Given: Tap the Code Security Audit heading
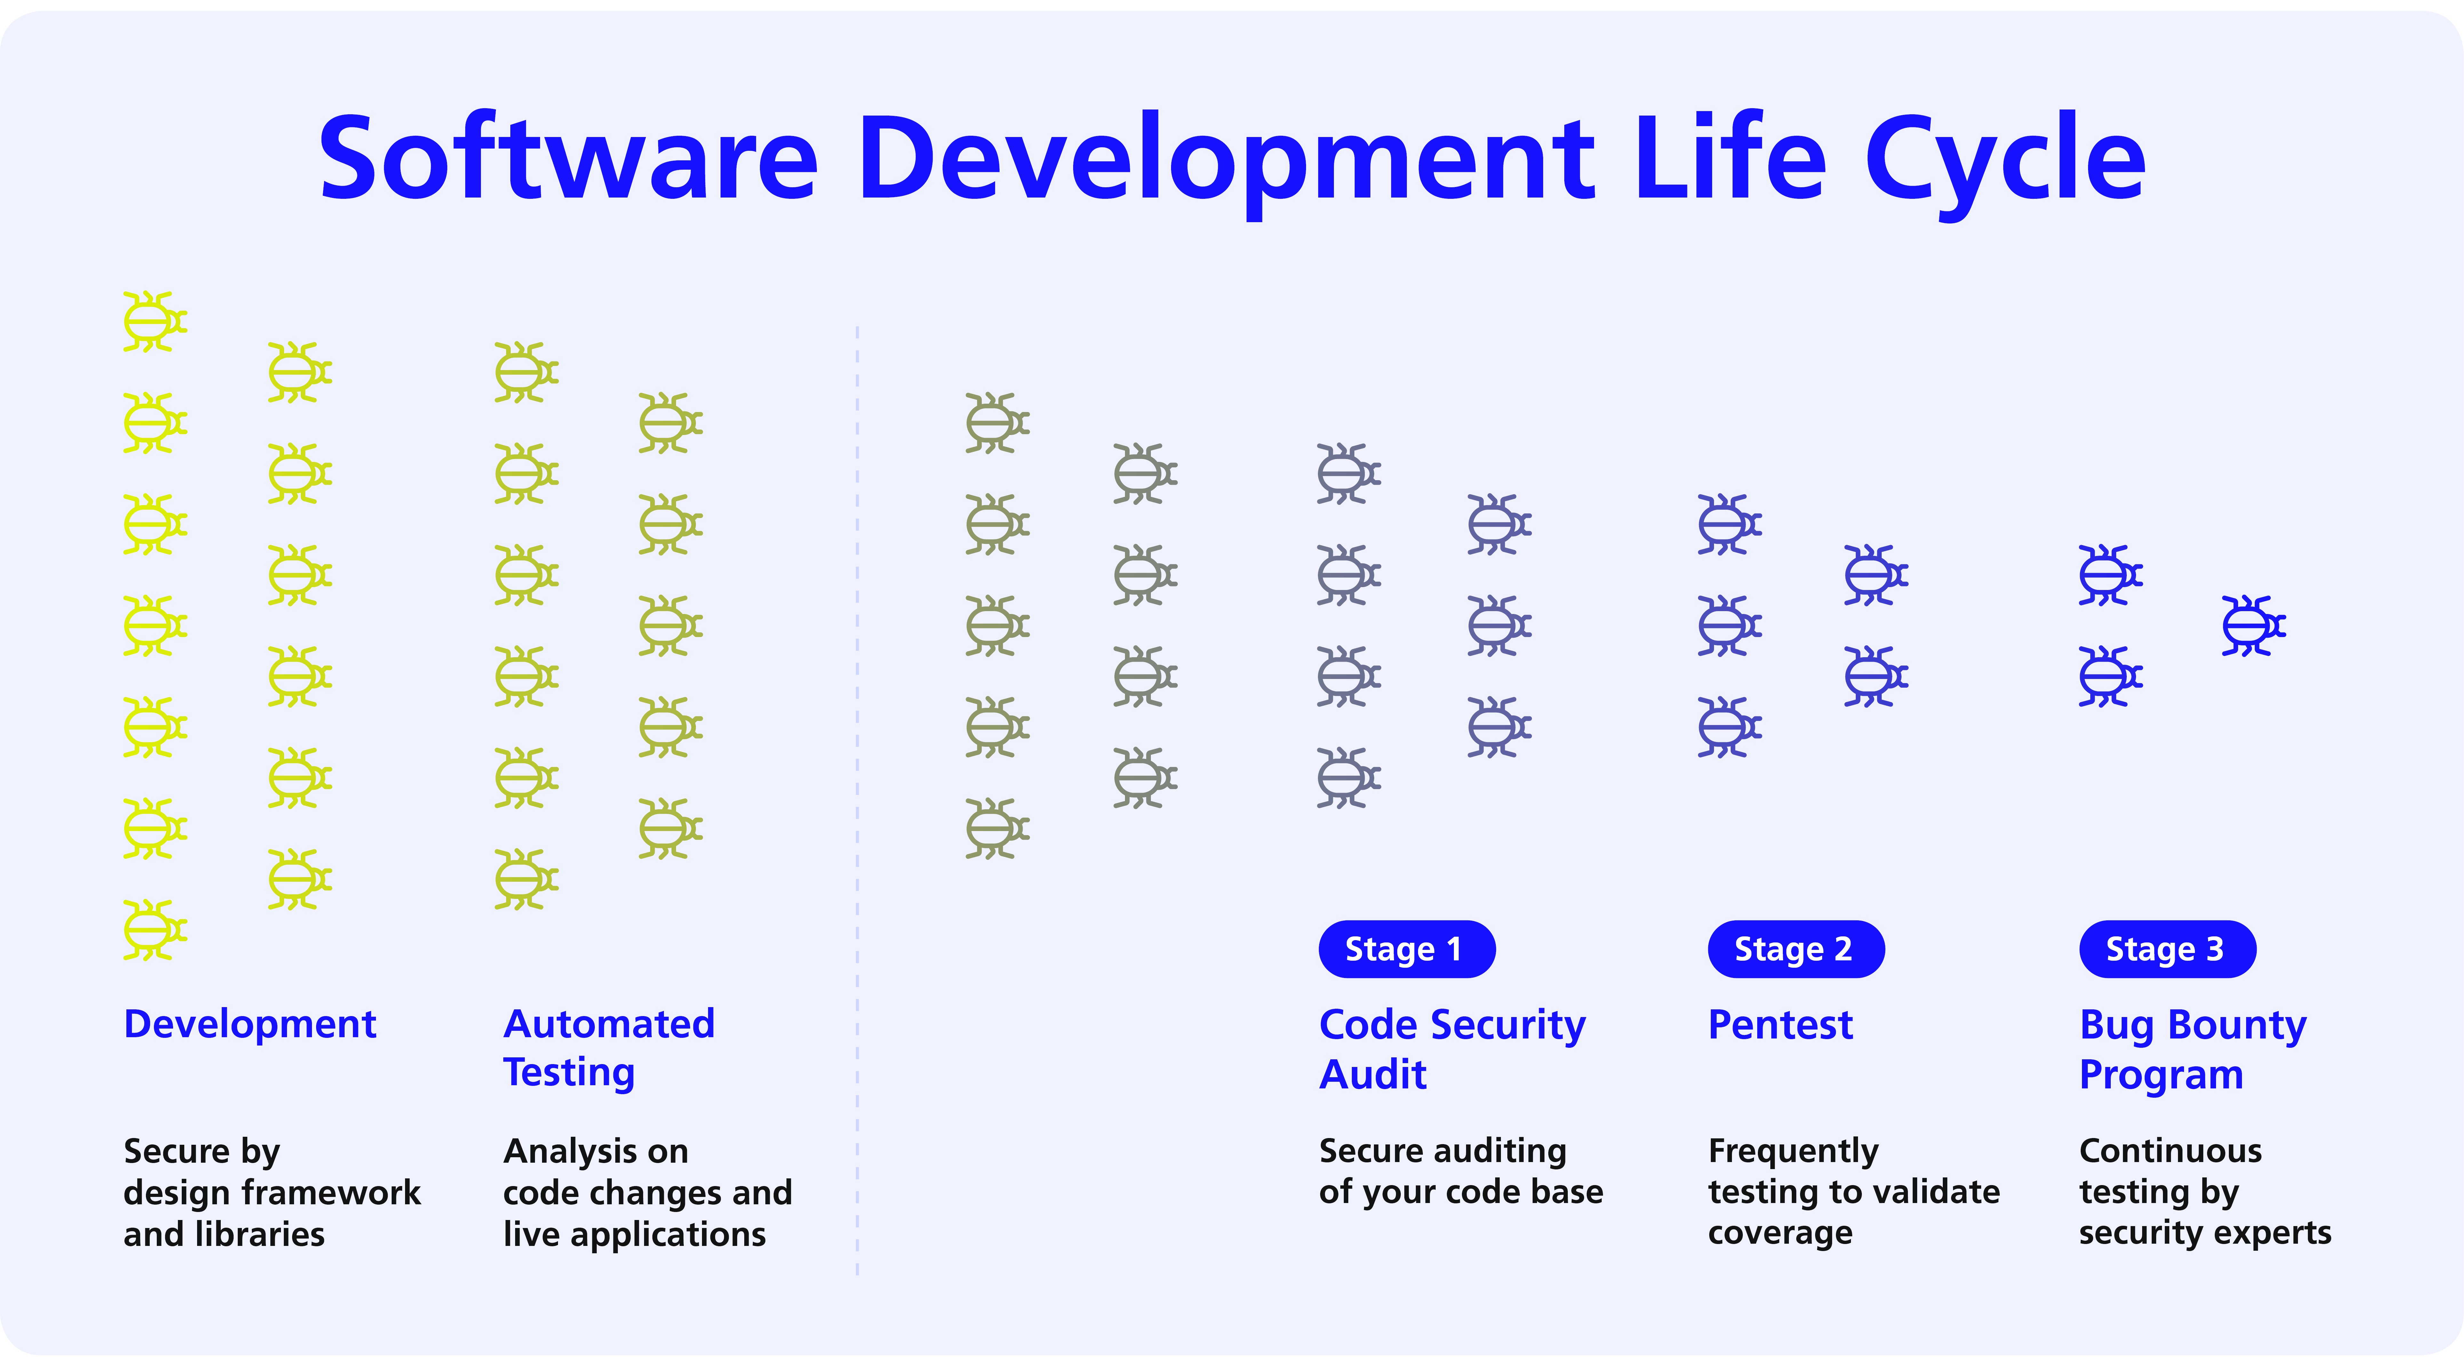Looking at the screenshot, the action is [x=1452, y=1049].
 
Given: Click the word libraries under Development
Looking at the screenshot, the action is [x=259, y=1234].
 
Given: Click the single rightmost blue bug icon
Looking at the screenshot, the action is [x=2253, y=626].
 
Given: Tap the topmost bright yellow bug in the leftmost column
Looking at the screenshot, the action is [x=155, y=321].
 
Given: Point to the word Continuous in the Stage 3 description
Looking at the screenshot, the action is [x=2170, y=1150].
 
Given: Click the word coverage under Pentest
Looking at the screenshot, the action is [x=1780, y=1233].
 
